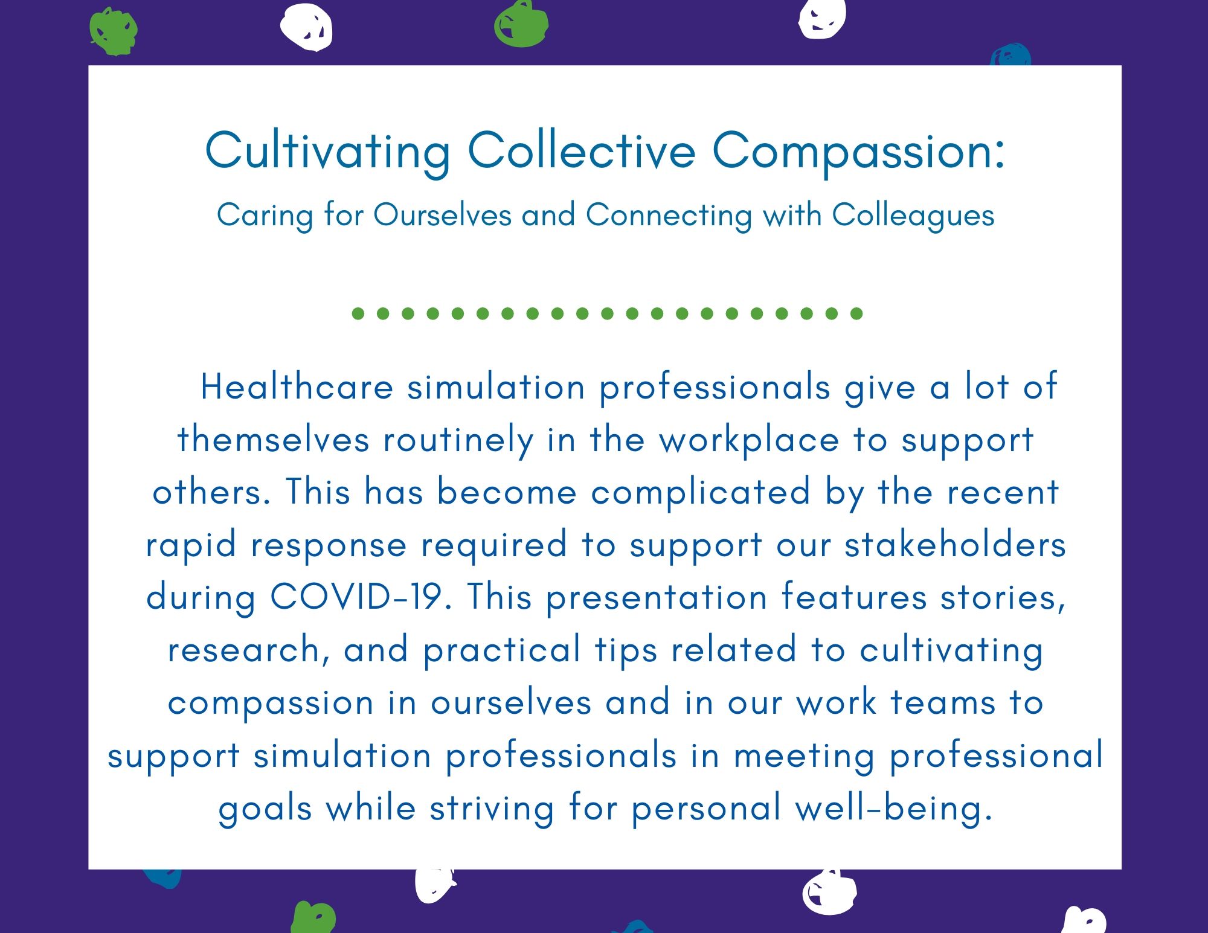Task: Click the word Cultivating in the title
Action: tap(328, 152)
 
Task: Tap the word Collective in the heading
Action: tap(582, 150)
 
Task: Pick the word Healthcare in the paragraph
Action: tap(297, 387)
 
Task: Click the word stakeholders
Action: tap(955, 544)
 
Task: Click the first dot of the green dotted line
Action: tap(358, 313)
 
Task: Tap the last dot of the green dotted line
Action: tap(856, 313)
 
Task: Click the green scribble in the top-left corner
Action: tap(113, 31)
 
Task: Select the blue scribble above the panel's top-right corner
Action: tap(1010, 56)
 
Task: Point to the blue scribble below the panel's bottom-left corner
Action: tap(162, 878)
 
